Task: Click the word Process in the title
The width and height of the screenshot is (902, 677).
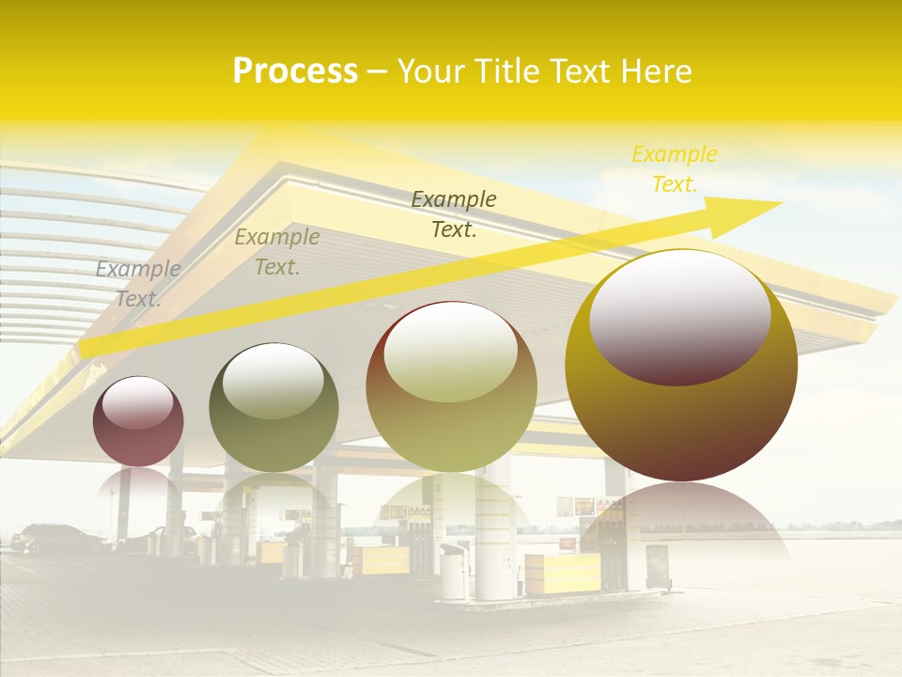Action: point(295,71)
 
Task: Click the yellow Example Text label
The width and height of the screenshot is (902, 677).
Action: point(675,169)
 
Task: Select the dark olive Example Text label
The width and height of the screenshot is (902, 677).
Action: point(454,214)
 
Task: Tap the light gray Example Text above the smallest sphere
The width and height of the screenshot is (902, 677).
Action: point(138,284)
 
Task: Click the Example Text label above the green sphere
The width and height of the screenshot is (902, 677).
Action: point(277,252)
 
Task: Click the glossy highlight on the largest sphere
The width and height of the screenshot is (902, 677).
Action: point(679,315)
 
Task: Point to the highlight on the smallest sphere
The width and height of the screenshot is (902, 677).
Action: point(138,402)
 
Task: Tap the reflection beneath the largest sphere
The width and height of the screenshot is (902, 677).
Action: point(681,517)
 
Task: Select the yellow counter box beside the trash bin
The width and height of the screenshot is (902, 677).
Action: point(562,572)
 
